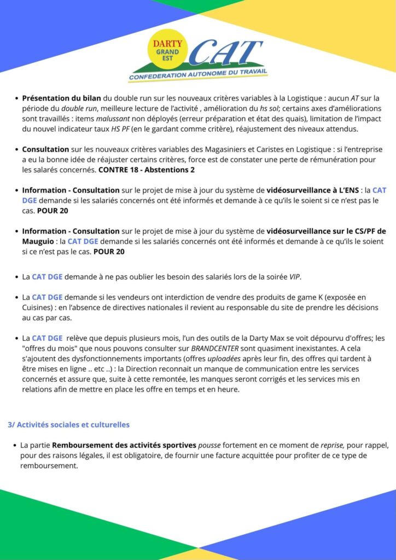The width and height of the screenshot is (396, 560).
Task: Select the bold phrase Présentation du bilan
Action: tap(61, 98)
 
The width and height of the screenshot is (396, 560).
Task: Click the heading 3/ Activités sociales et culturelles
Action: tap(68, 424)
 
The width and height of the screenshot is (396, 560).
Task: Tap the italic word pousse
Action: tap(209, 446)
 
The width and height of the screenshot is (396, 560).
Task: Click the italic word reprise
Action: tap(318, 446)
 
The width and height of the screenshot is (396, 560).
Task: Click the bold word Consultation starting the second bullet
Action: tap(45, 149)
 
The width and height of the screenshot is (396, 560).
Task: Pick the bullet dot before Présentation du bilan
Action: tap(15, 99)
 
